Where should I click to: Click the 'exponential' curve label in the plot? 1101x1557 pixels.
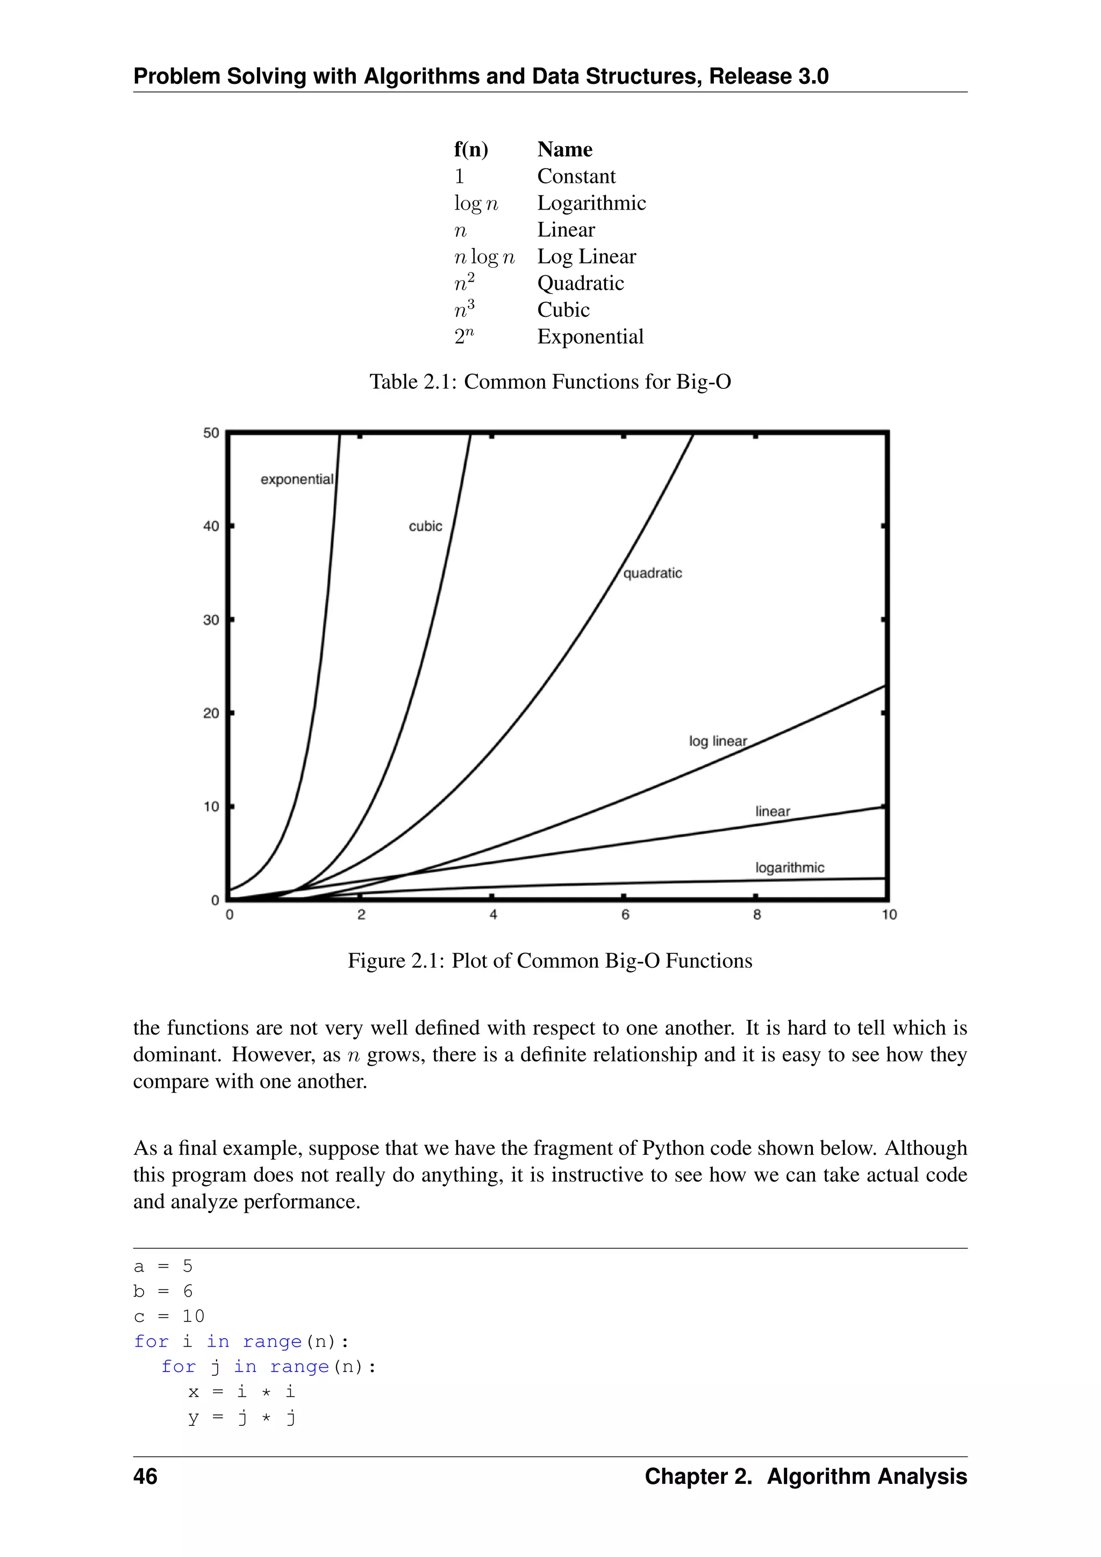click(297, 480)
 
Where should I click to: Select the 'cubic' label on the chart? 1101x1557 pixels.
click(425, 526)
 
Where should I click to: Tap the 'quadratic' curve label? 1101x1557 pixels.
click(652, 573)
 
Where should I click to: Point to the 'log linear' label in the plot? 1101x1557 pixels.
click(717, 741)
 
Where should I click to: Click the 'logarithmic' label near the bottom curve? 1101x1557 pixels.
click(789, 867)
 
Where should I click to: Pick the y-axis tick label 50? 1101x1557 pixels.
click(211, 433)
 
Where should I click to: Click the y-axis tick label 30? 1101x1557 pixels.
click(211, 620)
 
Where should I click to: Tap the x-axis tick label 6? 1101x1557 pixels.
click(625, 915)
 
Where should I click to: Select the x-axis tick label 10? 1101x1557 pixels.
click(889, 915)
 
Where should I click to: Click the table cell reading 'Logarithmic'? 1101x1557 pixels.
click(591, 203)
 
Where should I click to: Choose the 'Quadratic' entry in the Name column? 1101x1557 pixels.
click(580, 283)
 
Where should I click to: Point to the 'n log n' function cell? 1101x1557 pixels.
click(484, 257)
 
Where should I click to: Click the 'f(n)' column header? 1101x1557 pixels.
click(470, 149)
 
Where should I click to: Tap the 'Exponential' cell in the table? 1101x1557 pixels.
click(590, 337)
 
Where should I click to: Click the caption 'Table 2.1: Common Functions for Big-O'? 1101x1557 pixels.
click(550, 382)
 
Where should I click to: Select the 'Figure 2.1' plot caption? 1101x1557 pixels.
click(550, 961)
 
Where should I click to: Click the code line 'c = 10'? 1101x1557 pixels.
click(169, 1316)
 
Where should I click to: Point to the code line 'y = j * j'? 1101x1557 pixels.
click(241, 1417)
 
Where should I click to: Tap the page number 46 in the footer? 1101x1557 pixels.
click(145, 1476)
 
